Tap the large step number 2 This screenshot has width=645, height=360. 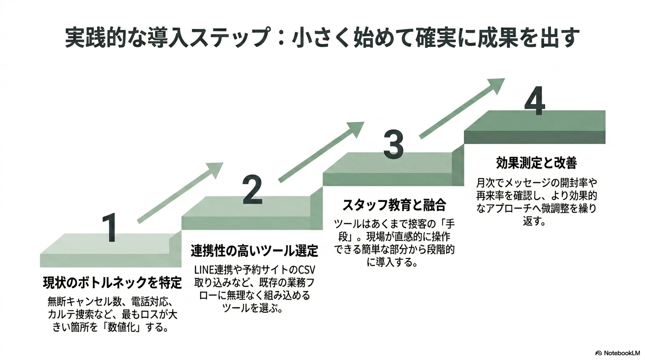pyautogui.click(x=253, y=189)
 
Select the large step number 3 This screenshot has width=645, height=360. pyautogui.click(x=393, y=144)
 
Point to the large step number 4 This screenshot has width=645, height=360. pyautogui.click(x=535, y=101)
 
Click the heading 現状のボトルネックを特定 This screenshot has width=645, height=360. pyautogui.click(x=112, y=283)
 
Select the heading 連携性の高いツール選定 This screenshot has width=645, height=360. pyautogui.click(x=254, y=251)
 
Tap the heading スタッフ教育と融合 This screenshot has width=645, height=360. pyautogui.click(x=394, y=205)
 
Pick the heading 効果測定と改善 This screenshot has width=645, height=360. pyautogui.click(x=536, y=163)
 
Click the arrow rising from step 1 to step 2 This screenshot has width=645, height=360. pyautogui.click(x=180, y=193)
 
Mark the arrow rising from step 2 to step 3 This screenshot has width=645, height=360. pyautogui.click(x=322, y=152)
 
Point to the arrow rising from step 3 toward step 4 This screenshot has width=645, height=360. pyautogui.click(x=462, y=109)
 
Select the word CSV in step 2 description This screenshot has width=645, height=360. pyautogui.click(x=307, y=270)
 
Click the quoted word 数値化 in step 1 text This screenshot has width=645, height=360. pyautogui.click(x=122, y=328)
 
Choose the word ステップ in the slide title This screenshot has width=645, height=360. pyautogui.click(x=230, y=37)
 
